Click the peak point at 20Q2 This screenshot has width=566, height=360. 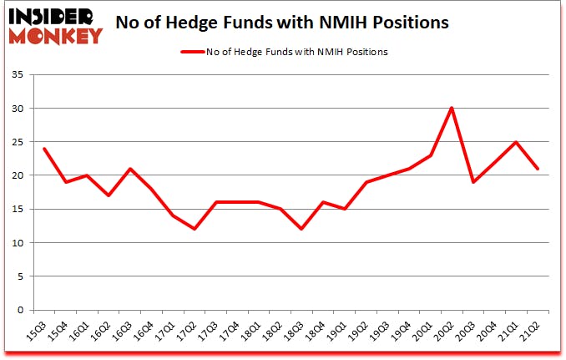451,108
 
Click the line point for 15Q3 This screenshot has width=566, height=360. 43,149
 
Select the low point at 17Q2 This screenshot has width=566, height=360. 194,229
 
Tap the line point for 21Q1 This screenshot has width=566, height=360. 517,142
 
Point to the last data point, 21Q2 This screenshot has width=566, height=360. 538,169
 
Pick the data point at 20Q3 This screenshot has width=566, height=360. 473,182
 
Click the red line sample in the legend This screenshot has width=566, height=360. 195,52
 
